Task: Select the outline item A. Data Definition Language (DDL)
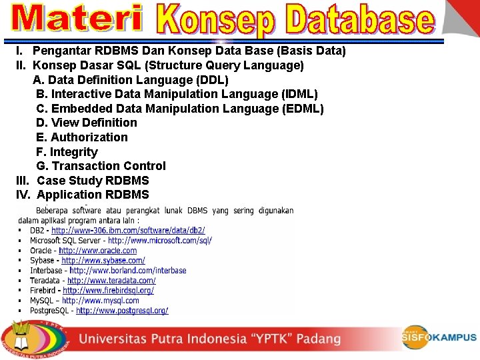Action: click(131, 79)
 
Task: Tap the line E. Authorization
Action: click(82, 137)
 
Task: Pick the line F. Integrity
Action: click(67, 152)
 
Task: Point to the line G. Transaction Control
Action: click(101, 166)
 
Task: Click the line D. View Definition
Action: click(87, 123)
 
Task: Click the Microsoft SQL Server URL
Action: click(160, 241)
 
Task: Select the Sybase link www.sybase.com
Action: click(103, 261)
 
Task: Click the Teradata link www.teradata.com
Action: click(111, 281)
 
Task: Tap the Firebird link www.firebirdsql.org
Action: click(109, 291)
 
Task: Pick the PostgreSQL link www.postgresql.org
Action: click(122, 311)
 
